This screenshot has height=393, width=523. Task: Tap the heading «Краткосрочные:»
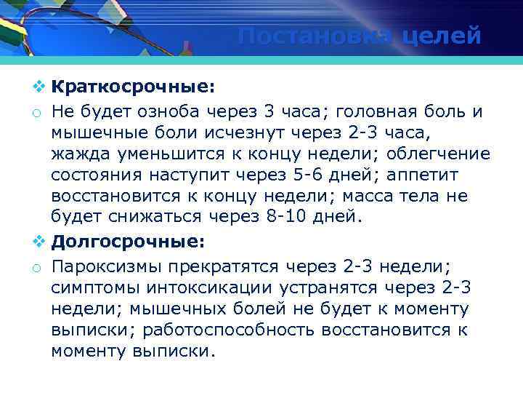tap(133, 87)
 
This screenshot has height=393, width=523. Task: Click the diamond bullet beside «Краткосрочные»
tap(38, 87)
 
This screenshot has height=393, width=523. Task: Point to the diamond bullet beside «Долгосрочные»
tap(38, 240)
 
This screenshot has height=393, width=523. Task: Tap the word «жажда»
tap(79, 154)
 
